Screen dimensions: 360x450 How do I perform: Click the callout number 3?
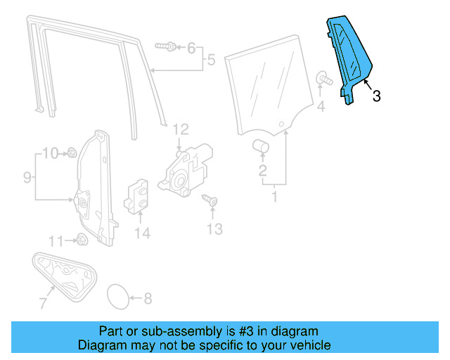376,96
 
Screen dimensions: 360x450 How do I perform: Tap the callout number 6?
191,48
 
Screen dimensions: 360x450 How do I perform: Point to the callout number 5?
210,60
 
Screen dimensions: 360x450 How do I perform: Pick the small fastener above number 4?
323,77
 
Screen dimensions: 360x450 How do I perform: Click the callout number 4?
321,107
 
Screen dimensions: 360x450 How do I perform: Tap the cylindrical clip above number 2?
262,146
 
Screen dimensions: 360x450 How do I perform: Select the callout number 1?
275,198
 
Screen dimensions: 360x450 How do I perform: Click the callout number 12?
181,129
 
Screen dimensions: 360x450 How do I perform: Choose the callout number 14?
143,233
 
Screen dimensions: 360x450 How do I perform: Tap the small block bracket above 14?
136,195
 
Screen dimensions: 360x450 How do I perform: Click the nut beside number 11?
79,240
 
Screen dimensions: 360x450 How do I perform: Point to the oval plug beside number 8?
118,297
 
